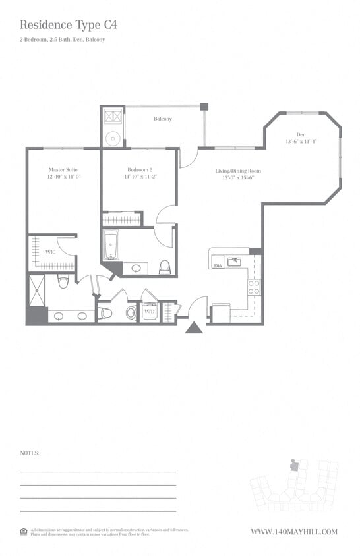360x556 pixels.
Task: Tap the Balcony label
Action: (x=163, y=119)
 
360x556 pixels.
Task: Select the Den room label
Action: (x=301, y=134)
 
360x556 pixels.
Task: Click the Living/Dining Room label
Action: (x=233, y=171)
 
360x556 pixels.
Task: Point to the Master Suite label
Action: (x=63, y=169)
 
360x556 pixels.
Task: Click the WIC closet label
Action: (x=49, y=252)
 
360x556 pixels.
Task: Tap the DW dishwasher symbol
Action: (x=218, y=265)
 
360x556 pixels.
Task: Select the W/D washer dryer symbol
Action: (x=150, y=312)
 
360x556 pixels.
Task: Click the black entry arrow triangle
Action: (x=194, y=327)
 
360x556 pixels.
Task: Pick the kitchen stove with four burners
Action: (x=254, y=287)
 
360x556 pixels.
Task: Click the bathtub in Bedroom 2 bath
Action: (x=111, y=246)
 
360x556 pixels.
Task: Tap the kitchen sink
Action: (x=234, y=262)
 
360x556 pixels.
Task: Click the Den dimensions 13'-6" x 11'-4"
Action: (x=301, y=142)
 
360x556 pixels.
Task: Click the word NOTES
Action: (x=30, y=453)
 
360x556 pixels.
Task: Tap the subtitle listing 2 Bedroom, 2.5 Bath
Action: (x=62, y=40)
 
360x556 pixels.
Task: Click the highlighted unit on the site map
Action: (x=294, y=465)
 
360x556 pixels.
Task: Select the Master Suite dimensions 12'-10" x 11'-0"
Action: (x=63, y=177)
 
